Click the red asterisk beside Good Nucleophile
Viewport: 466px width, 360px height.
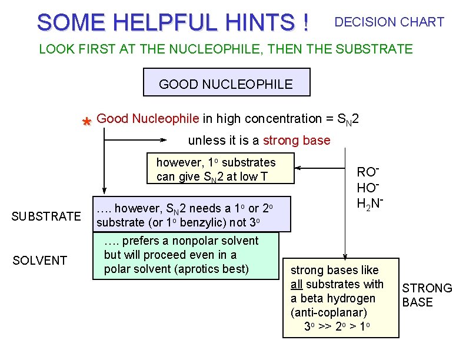pyautogui.click(x=86, y=122)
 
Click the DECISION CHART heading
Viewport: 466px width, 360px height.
pyautogui.click(x=389, y=22)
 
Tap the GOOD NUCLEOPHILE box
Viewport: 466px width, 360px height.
pyautogui.click(x=226, y=84)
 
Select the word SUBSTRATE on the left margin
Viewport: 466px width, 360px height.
pyautogui.click(x=46, y=216)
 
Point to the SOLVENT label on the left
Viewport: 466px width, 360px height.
pyautogui.click(x=39, y=260)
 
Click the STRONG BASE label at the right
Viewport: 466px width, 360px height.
pyautogui.click(x=427, y=295)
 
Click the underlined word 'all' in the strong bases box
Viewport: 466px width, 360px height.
pyautogui.click(x=297, y=284)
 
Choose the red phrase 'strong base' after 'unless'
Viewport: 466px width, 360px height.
pyautogui.click(x=297, y=141)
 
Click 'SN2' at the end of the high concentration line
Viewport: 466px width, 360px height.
pyautogui.click(x=347, y=119)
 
